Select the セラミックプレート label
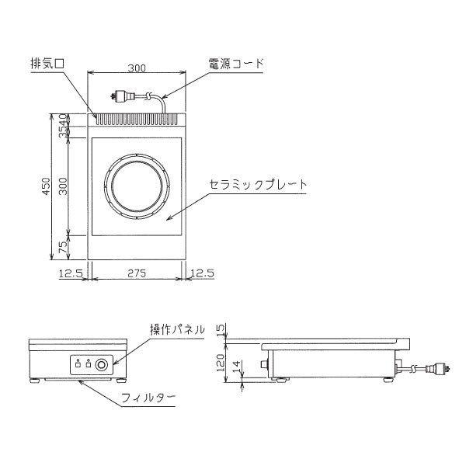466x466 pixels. pos(259,186)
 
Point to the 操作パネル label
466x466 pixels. pos(178,331)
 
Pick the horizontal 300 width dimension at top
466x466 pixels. pos(137,68)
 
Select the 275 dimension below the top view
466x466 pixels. pos(137,273)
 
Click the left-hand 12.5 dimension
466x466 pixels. pos(71,273)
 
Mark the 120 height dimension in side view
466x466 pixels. pos(220,362)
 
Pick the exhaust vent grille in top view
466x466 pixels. pos(137,120)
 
